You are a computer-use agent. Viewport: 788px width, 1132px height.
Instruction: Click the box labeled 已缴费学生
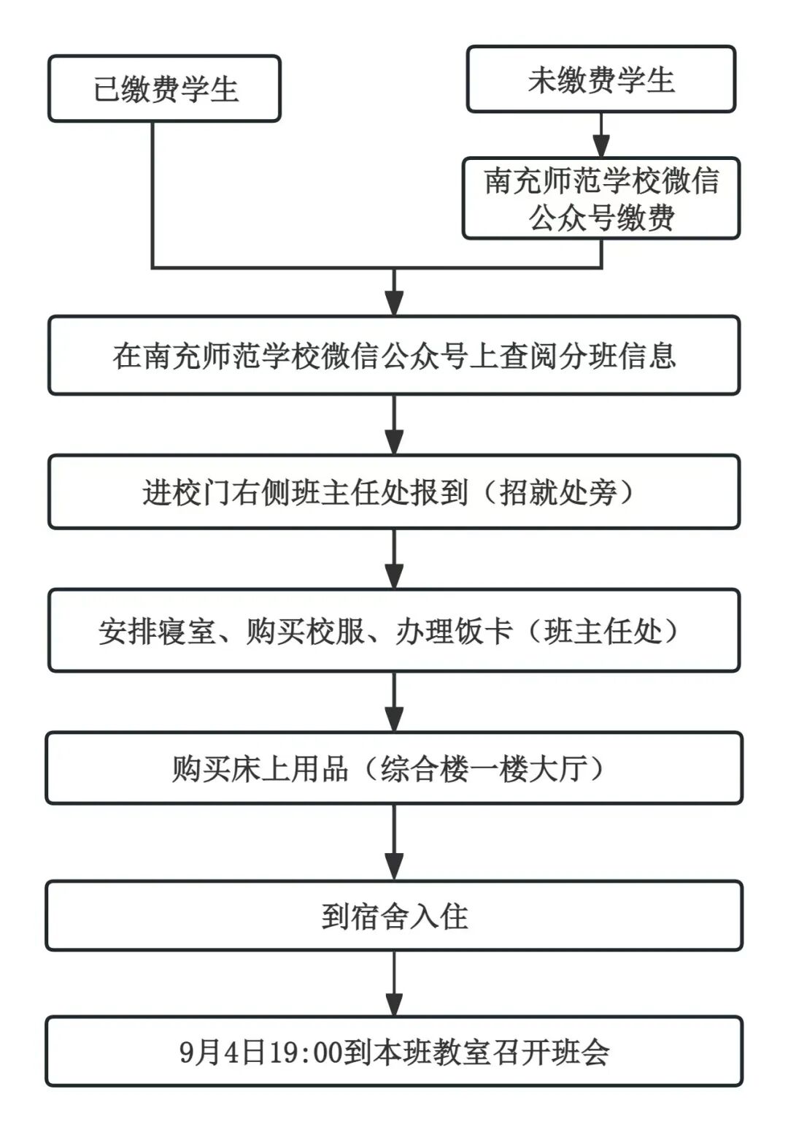click(164, 89)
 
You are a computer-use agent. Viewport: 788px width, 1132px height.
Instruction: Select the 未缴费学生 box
click(600, 80)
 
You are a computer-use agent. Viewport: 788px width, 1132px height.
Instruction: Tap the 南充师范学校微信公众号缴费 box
click(601, 199)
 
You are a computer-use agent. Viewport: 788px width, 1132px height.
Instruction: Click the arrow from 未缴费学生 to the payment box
click(601, 136)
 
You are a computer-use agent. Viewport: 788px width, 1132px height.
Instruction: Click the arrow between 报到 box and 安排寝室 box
click(394, 559)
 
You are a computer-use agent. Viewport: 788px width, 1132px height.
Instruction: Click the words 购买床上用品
click(260, 769)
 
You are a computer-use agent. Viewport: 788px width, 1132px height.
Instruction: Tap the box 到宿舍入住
click(394, 916)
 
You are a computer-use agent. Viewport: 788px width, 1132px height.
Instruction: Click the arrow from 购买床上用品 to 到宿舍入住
click(394, 842)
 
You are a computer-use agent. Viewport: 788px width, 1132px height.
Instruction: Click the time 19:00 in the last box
click(306, 1052)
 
